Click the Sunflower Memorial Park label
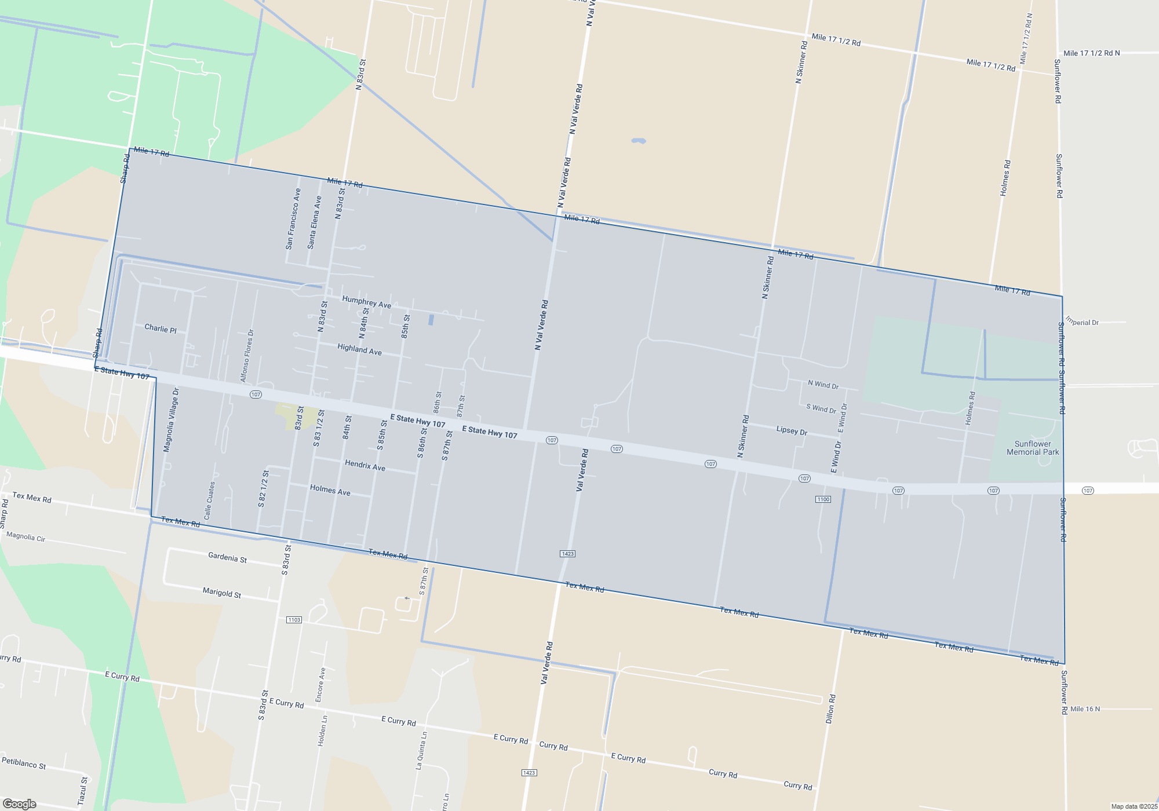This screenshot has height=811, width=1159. pos(1033,448)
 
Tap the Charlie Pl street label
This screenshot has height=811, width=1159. pos(161,328)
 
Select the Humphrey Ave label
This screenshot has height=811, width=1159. pos(366,302)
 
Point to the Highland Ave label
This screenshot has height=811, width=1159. pos(359,349)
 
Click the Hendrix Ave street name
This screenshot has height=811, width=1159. pos(365,466)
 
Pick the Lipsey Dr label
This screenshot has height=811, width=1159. pos(792,430)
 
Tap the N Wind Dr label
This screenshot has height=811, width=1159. pos(823,385)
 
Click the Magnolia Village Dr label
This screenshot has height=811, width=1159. pos(172,420)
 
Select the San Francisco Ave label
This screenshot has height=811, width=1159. pos(293,219)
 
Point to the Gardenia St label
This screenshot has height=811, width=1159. pos(227,558)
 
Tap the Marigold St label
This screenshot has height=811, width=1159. pos(221,593)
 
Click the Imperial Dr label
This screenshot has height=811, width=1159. pos(1082,322)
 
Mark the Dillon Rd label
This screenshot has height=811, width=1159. pos(830,708)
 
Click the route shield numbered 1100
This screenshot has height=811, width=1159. pos(823,499)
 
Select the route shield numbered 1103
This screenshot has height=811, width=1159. pos(294,620)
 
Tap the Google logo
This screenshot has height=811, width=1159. pos(20,804)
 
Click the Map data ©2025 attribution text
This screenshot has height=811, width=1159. pos(1134,806)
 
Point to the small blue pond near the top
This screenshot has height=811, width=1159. pos(639,141)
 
